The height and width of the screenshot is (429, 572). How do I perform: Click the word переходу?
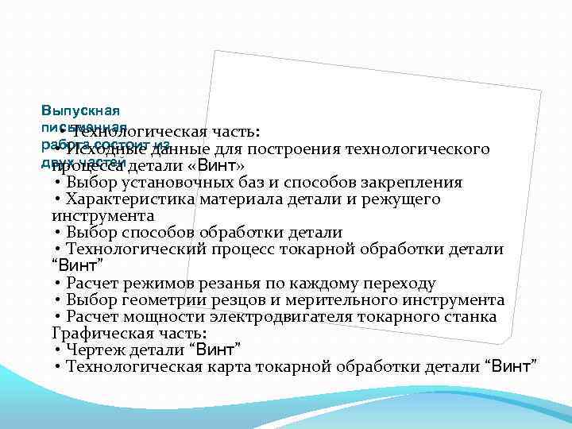(396, 283)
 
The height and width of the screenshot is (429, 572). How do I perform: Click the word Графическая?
(95, 333)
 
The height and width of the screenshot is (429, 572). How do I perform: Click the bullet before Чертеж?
(59, 350)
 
